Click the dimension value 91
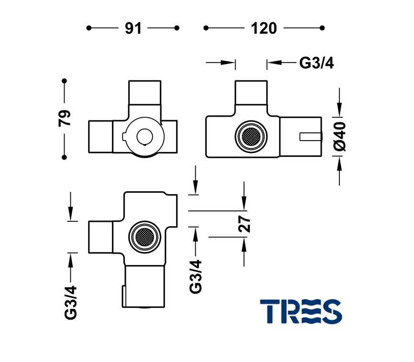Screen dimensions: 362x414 pos(133,28)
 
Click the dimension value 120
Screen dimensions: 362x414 pos(264,28)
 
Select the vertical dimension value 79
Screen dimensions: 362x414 pos(65,118)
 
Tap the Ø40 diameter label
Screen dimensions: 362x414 pos(339,136)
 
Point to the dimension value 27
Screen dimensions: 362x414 pos(245,223)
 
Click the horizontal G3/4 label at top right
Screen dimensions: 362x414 pos(316,62)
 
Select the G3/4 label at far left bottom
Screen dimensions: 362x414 pos(70,302)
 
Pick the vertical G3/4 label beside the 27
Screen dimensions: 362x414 pos(196,276)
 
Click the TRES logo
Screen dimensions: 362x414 pos(301,311)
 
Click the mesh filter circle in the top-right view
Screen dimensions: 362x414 pos(250,137)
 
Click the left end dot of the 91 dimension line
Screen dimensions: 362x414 pos(89,28)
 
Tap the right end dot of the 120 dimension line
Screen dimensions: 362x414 pos(322,28)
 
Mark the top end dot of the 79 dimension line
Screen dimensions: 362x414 pos(65,81)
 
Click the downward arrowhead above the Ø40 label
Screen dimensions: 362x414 pos(339,110)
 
